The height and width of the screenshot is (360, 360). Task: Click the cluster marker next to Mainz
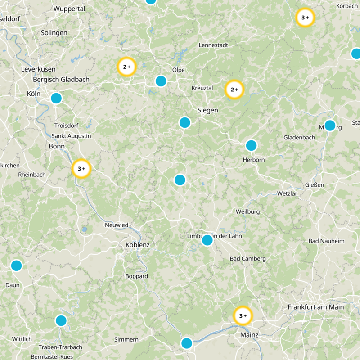pos(243,316)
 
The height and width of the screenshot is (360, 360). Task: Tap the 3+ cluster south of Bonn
pos(81,169)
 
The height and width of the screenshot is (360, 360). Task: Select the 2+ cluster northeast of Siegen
pos(234,90)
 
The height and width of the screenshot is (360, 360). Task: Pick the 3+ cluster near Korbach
pos(305,18)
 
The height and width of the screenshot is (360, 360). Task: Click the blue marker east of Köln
pos(56,98)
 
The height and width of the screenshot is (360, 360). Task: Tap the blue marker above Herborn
pos(251,145)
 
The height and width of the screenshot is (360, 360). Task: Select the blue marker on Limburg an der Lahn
pos(207,240)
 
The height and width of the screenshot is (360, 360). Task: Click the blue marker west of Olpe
pos(161,81)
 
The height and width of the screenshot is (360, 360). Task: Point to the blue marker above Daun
pos(16,265)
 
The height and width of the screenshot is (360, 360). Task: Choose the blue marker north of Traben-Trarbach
pos(61,320)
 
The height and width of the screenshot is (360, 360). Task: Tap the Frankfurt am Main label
pos(315,307)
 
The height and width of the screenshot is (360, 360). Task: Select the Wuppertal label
pos(69,9)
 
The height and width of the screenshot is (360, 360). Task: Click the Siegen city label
pos(208,110)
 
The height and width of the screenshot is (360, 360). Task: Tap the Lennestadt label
pos(213,45)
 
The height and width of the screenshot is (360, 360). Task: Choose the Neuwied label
pos(117,225)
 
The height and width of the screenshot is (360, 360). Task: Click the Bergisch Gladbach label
pos(61,80)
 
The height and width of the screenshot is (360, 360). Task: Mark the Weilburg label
pos(248,211)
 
